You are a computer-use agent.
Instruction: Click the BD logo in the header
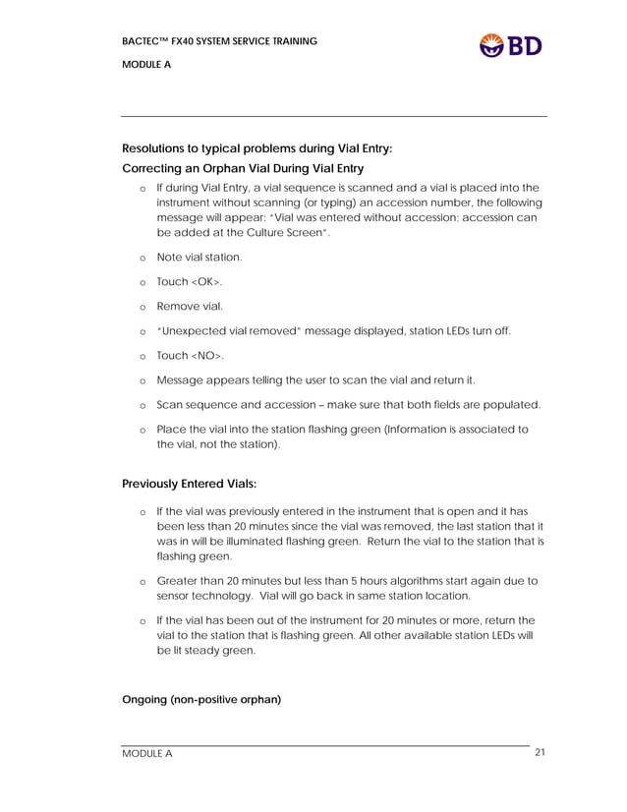tap(510, 45)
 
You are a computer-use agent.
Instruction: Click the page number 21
tap(540, 753)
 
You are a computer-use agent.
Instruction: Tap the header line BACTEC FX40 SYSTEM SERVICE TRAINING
tap(219, 41)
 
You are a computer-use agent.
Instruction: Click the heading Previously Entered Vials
tap(189, 484)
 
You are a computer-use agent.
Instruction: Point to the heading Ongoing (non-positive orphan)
tap(200, 700)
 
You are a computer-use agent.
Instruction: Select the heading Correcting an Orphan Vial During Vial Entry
tap(242, 168)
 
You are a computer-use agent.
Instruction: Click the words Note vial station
tap(199, 257)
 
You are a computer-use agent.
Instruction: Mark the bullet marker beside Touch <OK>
tap(142, 282)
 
